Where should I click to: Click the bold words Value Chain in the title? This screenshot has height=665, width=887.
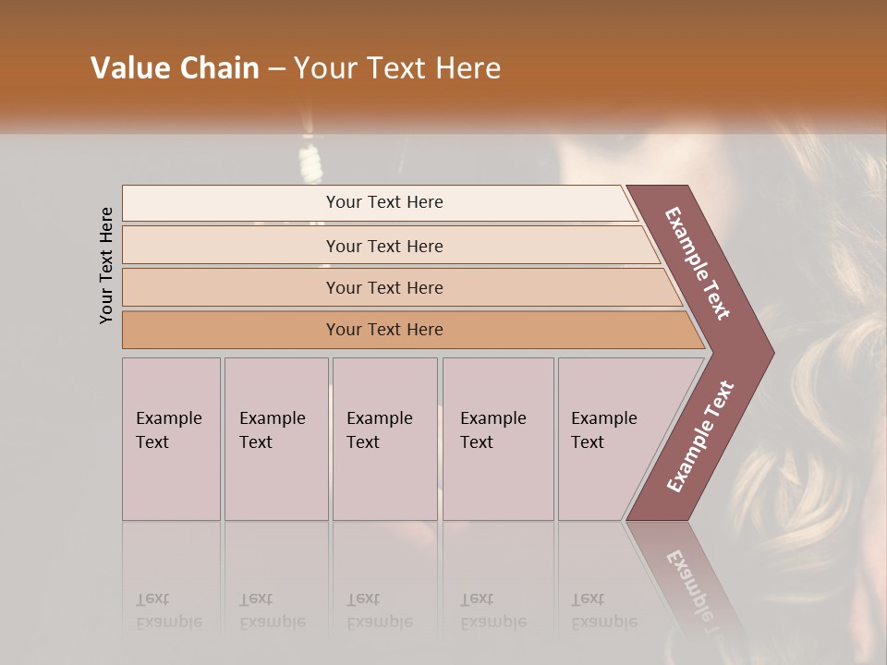(175, 68)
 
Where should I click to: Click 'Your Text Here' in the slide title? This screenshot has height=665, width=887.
(397, 68)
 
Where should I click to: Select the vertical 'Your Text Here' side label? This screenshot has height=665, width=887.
(106, 266)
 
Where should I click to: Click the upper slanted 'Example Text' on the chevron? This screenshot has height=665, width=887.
(698, 263)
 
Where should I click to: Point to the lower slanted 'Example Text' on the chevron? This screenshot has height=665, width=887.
(699, 437)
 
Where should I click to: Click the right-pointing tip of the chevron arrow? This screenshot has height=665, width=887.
(769, 353)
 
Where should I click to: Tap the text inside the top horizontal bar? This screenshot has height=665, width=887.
(384, 202)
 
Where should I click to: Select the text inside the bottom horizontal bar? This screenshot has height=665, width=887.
(384, 330)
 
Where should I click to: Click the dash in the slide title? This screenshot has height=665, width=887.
(277, 69)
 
